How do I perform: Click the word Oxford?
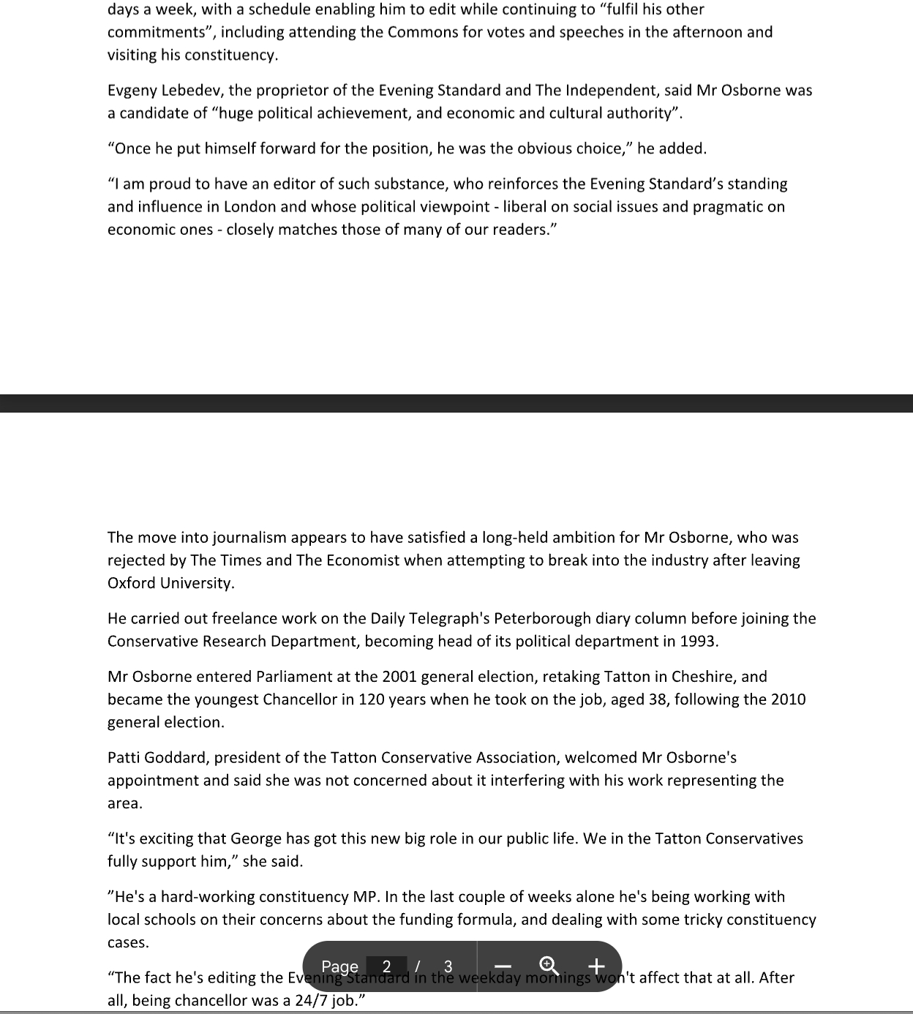132,583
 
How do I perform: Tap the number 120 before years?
372,699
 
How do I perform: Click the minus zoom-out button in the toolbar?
501,966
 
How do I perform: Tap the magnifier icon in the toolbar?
549,966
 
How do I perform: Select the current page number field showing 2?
387,966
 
